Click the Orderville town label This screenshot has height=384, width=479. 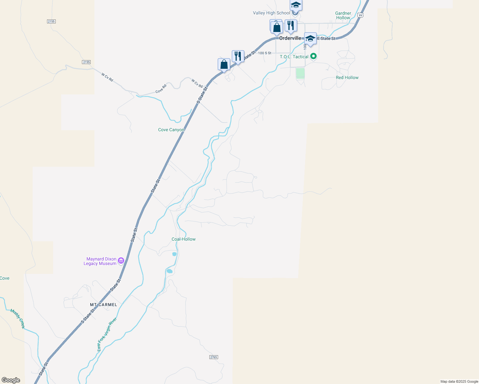290,38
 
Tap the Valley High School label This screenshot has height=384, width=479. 271,13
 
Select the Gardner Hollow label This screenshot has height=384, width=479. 343,15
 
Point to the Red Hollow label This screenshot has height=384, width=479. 347,77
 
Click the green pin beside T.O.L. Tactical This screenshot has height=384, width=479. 314,57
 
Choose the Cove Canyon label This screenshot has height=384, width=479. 171,130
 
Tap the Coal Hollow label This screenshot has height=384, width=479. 183,239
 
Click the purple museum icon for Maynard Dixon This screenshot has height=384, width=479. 121,261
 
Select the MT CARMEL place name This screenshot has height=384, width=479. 103,305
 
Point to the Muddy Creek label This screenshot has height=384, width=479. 17,318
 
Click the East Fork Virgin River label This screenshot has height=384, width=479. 107,335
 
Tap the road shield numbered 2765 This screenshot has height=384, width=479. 214,357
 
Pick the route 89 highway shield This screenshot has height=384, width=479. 361,15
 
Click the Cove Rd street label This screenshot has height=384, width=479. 161,89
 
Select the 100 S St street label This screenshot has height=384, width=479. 265,53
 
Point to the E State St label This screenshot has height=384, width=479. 326,38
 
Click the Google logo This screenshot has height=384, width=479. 11,380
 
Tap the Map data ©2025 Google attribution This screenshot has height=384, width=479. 459,381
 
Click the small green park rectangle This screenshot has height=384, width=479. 300,73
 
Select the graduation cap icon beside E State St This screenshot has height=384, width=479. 310,39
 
